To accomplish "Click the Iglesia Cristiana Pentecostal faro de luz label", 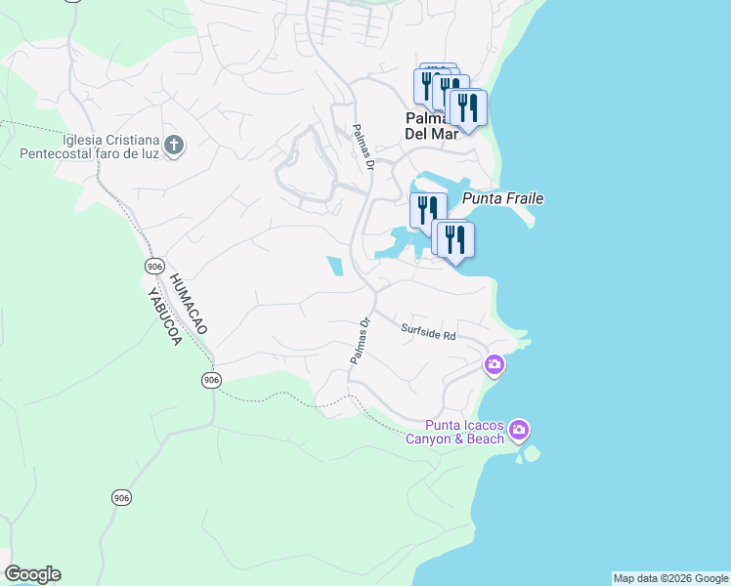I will click(89, 146).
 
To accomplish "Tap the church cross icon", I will click(174, 146).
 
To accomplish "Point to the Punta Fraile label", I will click(502, 198).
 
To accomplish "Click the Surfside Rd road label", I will click(429, 333).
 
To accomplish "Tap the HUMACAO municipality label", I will click(189, 305).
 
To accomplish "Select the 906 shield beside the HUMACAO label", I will click(154, 267).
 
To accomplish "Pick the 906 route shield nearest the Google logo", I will click(120, 498).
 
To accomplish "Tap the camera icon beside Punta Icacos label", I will click(519, 430).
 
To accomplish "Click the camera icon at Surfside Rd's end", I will click(494, 365).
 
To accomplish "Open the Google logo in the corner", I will click(32, 574).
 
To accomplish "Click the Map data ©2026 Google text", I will click(670, 578).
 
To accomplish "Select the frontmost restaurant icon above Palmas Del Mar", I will click(466, 107).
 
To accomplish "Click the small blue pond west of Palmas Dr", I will click(335, 266).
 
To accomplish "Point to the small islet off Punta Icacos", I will click(532, 454).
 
